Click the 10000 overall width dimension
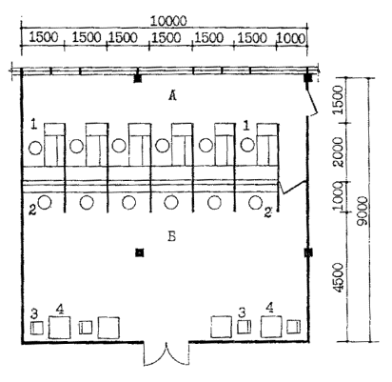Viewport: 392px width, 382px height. [168, 21]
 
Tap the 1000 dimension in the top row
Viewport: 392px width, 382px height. [291, 38]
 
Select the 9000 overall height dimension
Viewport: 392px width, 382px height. [362, 211]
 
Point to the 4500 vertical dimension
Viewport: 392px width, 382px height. [339, 278]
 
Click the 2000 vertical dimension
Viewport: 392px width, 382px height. [339, 152]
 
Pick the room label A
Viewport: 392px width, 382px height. [172, 95]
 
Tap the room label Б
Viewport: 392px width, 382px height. [171, 236]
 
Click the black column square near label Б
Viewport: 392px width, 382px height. [140, 252]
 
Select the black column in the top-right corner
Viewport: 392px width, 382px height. [308, 78]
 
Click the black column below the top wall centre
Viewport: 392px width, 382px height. [138, 78]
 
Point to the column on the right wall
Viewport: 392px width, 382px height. [308, 252]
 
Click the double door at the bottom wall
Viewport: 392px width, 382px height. [167, 353]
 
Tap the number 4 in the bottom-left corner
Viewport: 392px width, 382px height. [60, 309]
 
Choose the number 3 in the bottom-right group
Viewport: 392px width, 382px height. [242, 313]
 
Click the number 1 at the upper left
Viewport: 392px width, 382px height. [34, 125]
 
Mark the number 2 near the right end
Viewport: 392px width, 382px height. [268, 212]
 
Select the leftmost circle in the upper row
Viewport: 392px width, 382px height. [35, 148]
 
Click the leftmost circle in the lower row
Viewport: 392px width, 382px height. [45, 202]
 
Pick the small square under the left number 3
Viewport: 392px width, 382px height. [37, 328]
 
